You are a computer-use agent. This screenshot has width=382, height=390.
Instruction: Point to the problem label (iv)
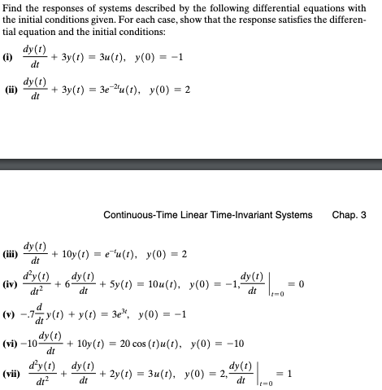pos(11,284)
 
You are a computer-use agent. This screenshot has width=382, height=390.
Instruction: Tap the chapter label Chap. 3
pos(349,215)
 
